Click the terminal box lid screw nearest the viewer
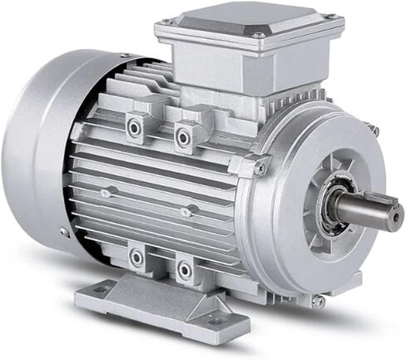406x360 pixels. click(x=258, y=36)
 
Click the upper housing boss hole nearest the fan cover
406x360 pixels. click(x=134, y=126)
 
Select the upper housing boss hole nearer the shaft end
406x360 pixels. click(x=182, y=136)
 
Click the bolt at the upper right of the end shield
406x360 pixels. click(x=373, y=131)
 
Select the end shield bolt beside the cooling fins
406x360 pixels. click(x=261, y=169)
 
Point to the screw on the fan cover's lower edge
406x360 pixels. click(x=64, y=232)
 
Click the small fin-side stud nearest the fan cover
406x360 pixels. click(x=105, y=194)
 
